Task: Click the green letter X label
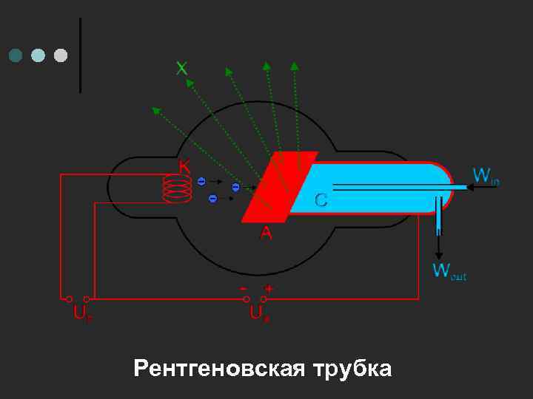point(181,69)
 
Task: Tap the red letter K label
point(184,167)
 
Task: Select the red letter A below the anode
point(266,233)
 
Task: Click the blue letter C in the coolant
point(321,199)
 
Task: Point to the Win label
point(486,176)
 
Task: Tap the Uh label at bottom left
point(81,313)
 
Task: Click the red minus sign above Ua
point(244,287)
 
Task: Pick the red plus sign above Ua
point(269,288)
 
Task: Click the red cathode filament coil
point(178,189)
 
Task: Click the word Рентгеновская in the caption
point(218,368)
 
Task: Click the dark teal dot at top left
point(15,55)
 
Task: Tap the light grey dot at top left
point(61,55)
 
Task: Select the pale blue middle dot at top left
point(38,55)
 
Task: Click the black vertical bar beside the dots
point(80,55)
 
